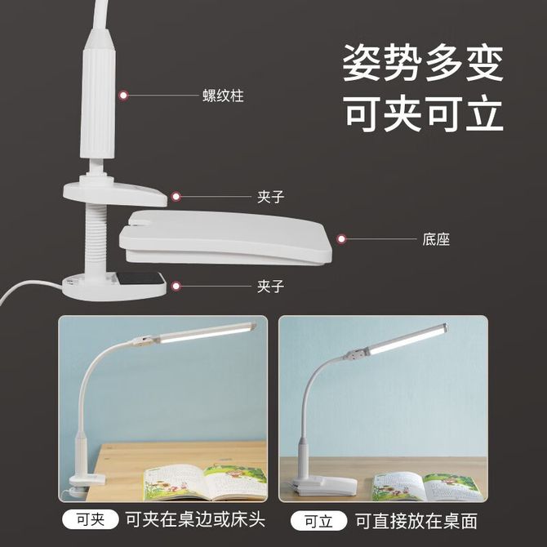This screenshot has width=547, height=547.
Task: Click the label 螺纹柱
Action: point(223,96)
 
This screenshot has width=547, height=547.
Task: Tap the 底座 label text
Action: point(436,239)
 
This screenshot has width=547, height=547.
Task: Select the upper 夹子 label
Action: point(271,197)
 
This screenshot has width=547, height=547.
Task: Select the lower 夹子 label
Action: point(271,287)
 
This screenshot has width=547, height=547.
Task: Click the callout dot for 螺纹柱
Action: point(122,96)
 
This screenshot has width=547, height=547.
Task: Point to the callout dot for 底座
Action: point(341,239)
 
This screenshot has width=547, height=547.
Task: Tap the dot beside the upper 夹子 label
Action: point(176,197)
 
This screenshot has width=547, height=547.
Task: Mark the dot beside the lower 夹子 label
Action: point(176,287)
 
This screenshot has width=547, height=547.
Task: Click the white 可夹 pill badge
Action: point(91,520)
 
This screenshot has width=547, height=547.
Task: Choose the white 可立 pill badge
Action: point(318,521)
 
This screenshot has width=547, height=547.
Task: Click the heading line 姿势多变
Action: point(423,63)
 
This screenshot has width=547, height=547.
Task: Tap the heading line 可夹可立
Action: point(425,113)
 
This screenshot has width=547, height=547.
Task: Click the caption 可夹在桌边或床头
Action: point(195,520)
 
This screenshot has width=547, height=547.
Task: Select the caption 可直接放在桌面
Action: point(416,521)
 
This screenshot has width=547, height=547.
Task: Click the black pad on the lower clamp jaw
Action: point(140,278)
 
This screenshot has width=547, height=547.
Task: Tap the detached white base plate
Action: point(225,238)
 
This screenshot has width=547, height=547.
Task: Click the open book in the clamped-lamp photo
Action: point(206,482)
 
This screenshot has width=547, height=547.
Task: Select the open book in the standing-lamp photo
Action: point(427,486)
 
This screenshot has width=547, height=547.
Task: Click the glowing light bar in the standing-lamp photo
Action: point(407,340)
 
